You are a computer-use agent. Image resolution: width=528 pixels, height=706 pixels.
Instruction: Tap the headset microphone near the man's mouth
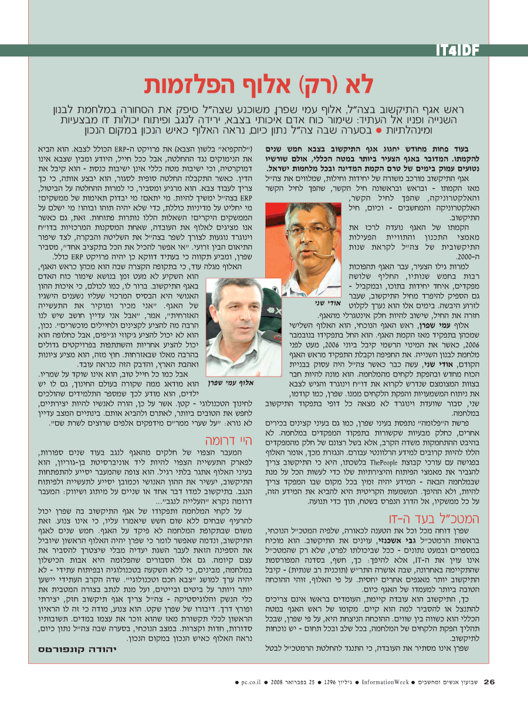point(320,254)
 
